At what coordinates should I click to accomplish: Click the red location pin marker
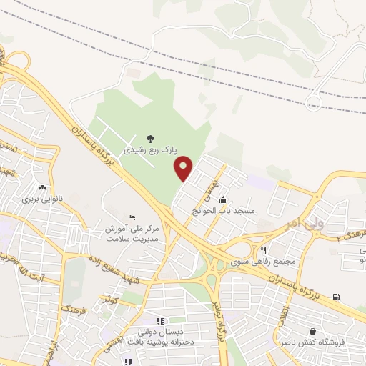click(x=184, y=168)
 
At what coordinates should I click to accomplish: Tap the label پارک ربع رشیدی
click(x=149, y=150)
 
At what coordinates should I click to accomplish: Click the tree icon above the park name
click(x=149, y=138)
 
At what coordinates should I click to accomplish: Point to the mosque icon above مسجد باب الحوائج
click(x=224, y=199)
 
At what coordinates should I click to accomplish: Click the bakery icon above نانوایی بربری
click(x=50, y=187)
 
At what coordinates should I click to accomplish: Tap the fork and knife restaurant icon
click(x=264, y=250)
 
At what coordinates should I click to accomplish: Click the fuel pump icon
click(x=337, y=297)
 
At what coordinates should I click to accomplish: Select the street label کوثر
click(x=109, y=300)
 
